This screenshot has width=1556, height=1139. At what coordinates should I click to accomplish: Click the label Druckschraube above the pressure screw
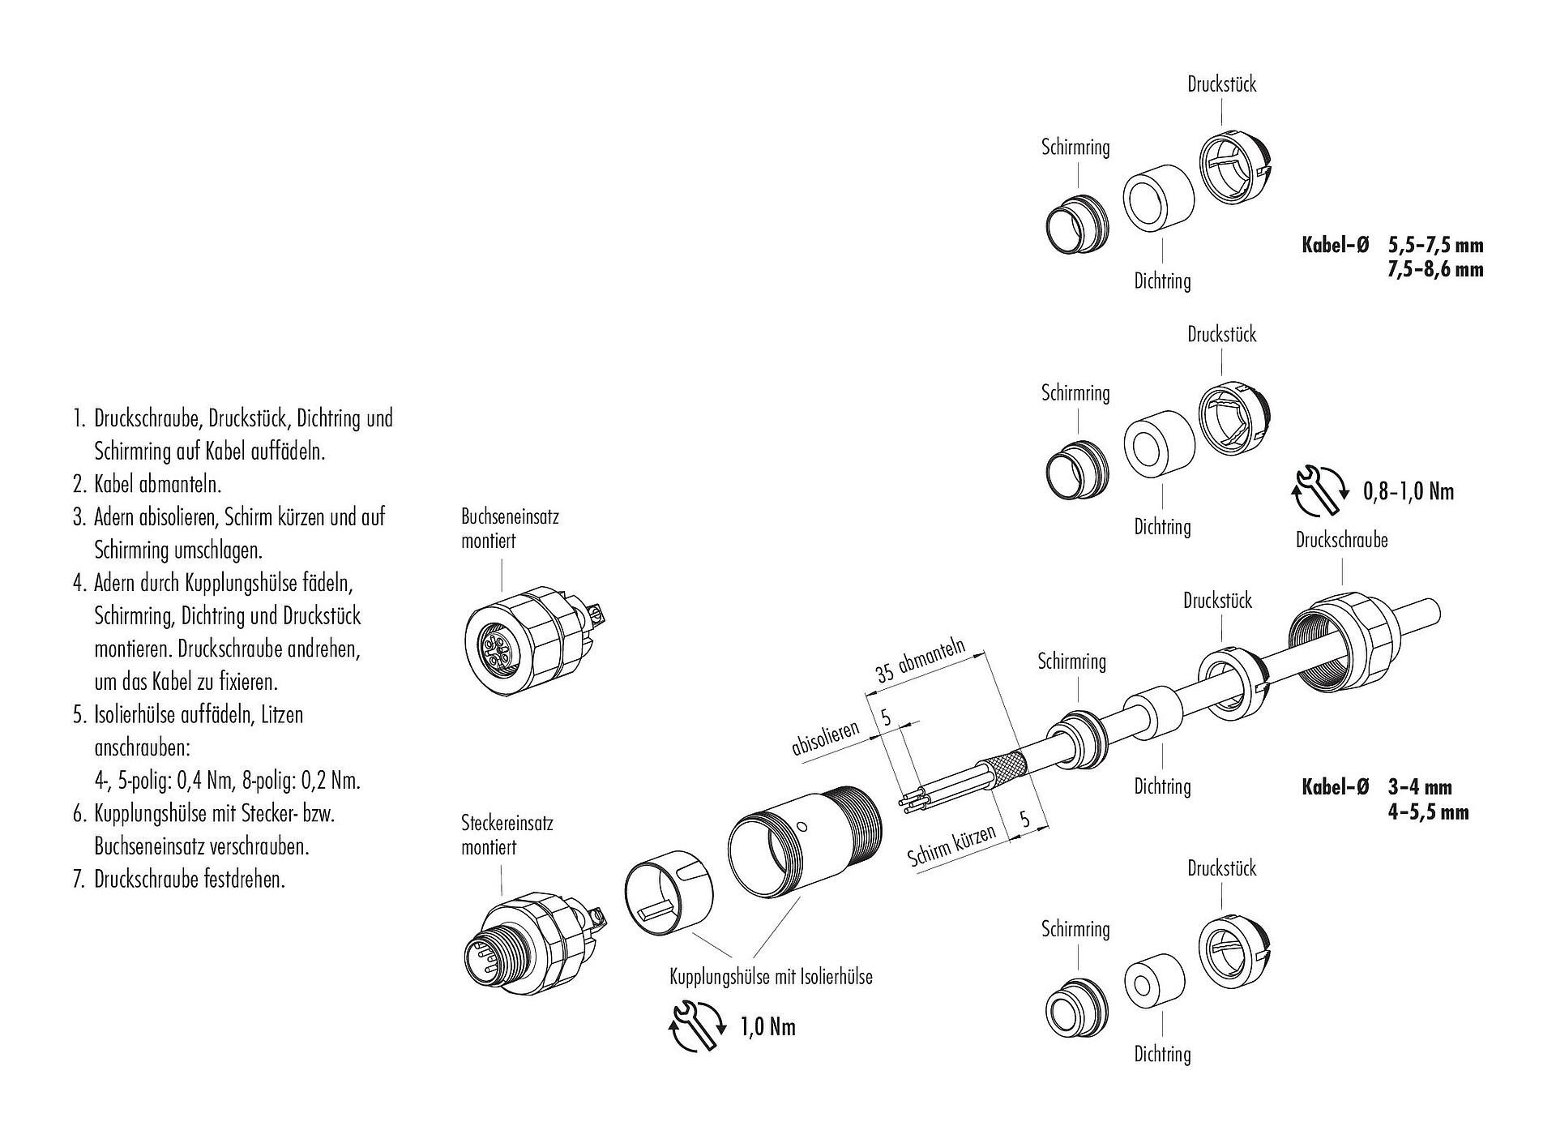click(x=1341, y=540)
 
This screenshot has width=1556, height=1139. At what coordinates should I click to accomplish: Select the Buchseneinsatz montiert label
click(x=510, y=529)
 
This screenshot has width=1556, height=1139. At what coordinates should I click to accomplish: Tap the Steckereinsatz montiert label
click(x=507, y=836)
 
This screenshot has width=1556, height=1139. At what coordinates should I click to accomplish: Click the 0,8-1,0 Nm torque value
click(x=1409, y=492)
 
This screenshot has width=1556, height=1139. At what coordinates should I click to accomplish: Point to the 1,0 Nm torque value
click(x=767, y=1028)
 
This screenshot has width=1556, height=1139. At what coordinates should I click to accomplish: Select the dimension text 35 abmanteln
click(x=921, y=661)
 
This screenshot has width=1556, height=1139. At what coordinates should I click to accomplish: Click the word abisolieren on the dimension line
click(x=825, y=739)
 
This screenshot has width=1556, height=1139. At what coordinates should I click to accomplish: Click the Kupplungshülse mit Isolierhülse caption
click(x=771, y=977)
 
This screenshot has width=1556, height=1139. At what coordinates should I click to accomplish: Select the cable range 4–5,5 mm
click(x=1428, y=811)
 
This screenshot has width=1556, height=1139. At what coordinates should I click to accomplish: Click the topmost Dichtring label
click(x=1162, y=281)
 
